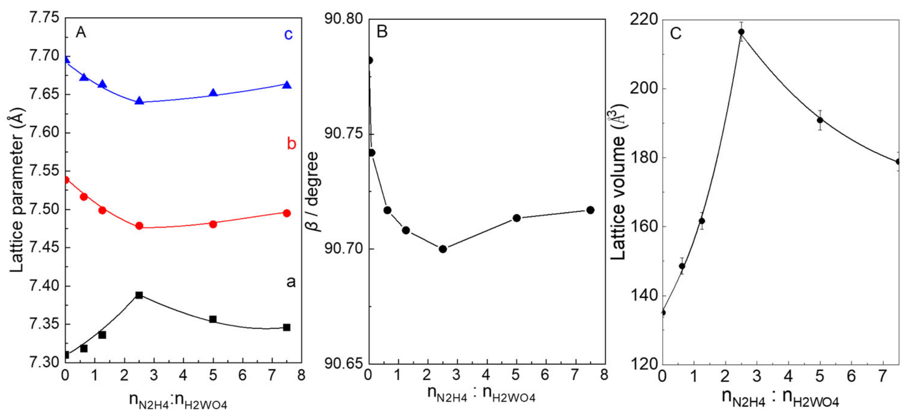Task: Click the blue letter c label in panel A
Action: tap(288, 34)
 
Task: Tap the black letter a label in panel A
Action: tap(291, 282)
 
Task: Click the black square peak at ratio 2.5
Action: tap(139, 295)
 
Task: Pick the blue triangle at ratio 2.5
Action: tap(140, 101)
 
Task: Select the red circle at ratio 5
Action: tap(213, 224)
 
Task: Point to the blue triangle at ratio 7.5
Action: tap(287, 85)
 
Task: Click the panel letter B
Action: tap(382, 32)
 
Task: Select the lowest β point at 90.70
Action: tap(443, 249)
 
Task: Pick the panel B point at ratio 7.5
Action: tap(590, 210)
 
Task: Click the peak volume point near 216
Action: tap(741, 32)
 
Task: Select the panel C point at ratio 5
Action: tap(820, 120)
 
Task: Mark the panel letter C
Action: tap(675, 34)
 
